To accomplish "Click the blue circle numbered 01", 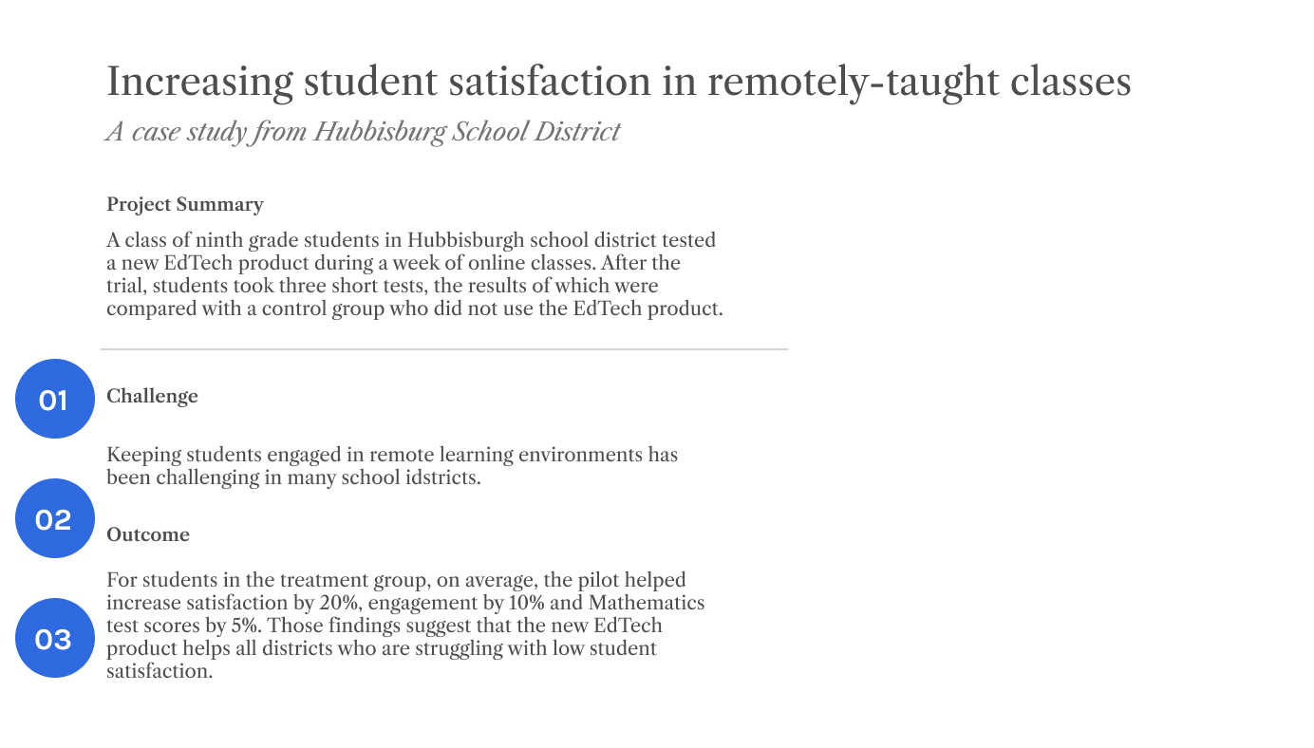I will tap(55, 399).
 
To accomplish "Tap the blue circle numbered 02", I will tap(55, 518).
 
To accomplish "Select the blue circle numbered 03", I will tap(55, 638).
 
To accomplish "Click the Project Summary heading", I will tap(185, 205).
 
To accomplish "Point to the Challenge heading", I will tap(153, 397).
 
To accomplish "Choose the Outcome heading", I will tap(148, 535).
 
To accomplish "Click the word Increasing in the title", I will tap(199, 83).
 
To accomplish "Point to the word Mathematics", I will tap(647, 603).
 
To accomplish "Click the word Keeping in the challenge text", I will tap(142, 455).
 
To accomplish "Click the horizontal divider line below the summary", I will tap(444, 349).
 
